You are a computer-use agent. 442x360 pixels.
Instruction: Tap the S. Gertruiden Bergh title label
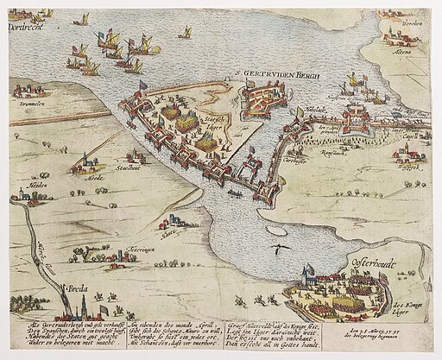pos(281,76)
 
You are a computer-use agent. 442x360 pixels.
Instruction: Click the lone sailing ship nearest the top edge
pos(185,32)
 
